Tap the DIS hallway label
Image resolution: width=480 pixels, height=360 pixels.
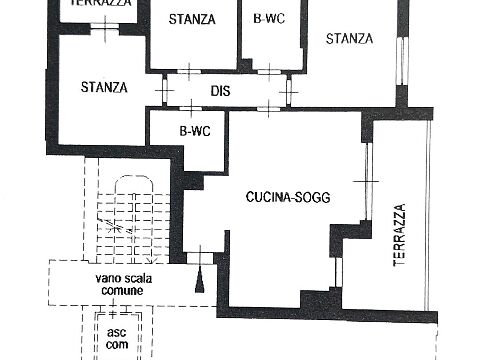point(220,91)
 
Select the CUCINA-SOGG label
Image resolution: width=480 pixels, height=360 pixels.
point(288,197)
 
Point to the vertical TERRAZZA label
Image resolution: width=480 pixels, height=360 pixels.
point(399,235)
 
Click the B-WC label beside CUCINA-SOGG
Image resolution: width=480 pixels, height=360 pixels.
point(195,131)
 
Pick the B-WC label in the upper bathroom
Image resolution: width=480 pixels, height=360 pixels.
point(269,18)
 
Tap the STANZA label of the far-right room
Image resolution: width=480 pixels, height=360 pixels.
point(349,39)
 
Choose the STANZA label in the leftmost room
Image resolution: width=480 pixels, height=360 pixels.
point(104,87)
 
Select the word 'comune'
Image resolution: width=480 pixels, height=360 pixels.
point(122,291)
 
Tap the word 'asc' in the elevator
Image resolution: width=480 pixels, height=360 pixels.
point(117,332)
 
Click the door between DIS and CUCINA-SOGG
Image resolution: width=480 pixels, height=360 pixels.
point(269,109)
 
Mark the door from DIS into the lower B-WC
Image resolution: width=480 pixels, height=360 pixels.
point(191,109)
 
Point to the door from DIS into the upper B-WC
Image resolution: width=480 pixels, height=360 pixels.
point(269,72)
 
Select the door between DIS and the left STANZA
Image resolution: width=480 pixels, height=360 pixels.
point(164,90)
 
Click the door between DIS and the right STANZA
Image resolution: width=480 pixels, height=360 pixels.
point(289,92)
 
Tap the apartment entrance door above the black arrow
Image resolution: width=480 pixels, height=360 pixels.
point(200,258)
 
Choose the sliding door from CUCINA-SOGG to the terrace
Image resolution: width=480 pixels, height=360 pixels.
point(367,182)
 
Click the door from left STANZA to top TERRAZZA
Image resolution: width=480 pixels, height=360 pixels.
point(105,27)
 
